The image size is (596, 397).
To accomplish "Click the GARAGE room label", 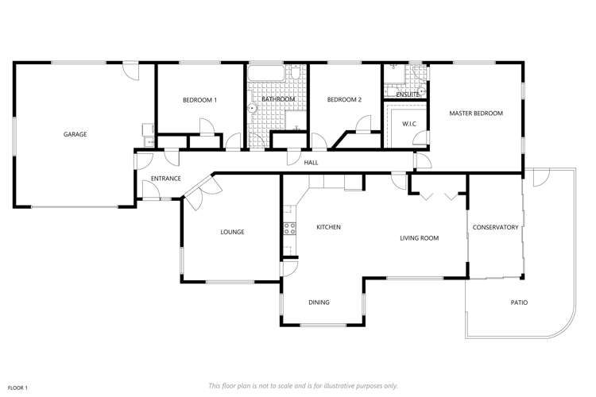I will (75, 134).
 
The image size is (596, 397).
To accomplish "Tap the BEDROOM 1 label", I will (199, 100).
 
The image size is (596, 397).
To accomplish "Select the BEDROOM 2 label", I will (344, 100).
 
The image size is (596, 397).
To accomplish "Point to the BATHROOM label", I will (278, 99).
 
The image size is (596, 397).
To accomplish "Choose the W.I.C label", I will (409, 124).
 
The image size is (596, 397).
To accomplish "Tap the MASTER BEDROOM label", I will (476, 114).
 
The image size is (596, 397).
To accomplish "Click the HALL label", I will (311, 162).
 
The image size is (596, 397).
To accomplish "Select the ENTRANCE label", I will (166, 179).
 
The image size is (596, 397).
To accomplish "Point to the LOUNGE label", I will (232, 232).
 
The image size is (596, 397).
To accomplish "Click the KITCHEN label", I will (328, 227).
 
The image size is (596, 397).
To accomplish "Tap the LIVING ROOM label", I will (419, 237).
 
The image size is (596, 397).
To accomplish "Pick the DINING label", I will (319, 302).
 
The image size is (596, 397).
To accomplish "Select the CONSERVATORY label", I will (495, 227).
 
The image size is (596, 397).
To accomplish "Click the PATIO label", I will (519, 303).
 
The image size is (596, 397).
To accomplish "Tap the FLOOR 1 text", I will (17, 387).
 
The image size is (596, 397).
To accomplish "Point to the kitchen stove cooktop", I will (289, 229).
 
